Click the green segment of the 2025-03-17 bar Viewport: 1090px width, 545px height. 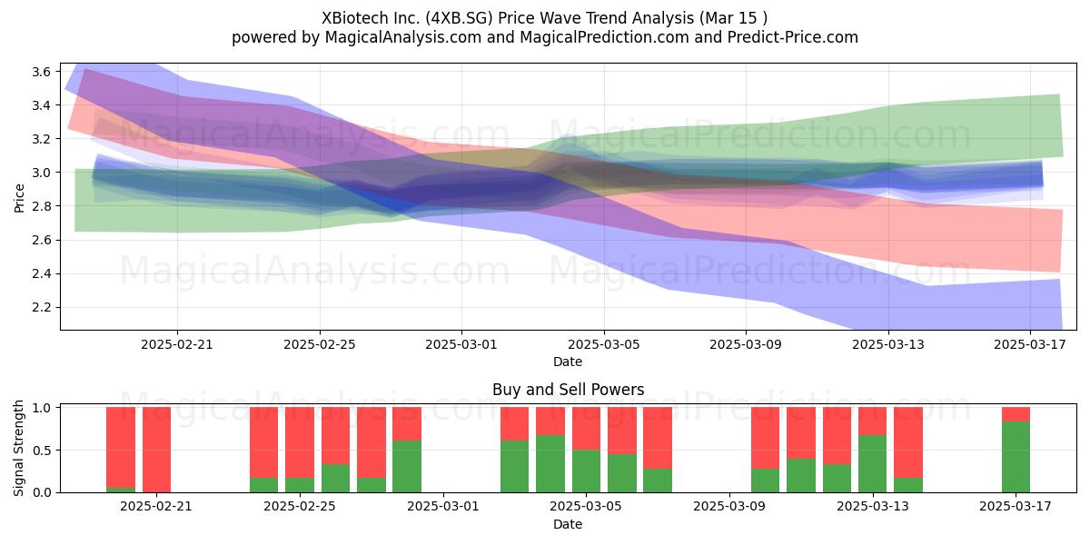pyautogui.click(x=1016, y=457)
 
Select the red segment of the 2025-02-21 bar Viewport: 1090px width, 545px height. pyautogui.click(x=156, y=450)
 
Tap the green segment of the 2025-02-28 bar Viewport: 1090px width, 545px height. pyautogui.click(x=407, y=466)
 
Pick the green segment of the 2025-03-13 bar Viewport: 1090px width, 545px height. pyautogui.click(x=873, y=464)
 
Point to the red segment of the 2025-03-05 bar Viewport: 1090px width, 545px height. pyautogui.click(x=587, y=428)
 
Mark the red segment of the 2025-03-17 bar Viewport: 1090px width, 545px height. pyautogui.click(x=1016, y=414)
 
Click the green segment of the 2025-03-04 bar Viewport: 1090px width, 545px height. pyautogui.click(x=550, y=464)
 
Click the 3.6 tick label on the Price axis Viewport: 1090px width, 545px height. pyautogui.click(x=41, y=72)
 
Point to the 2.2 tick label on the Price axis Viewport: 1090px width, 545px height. pyautogui.click(x=41, y=308)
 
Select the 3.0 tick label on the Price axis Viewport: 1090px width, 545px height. pyautogui.click(x=41, y=173)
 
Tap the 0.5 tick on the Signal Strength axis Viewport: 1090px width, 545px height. pyautogui.click(x=41, y=451)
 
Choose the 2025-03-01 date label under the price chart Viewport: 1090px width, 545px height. pyautogui.click(x=461, y=344)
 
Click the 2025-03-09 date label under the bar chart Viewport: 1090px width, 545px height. pyautogui.click(x=728, y=507)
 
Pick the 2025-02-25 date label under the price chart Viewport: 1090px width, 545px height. pyautogui.click(x=320, y=344)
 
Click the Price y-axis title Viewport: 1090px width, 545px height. pyautogui.click(x=19, y=198)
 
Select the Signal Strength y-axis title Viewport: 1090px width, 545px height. pyautogui.click(x=18, y=448)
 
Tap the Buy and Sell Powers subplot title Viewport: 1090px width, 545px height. pyautogui.click(x=569, y=390)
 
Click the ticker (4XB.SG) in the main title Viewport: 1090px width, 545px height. pyautogui.click(x=460, y=18)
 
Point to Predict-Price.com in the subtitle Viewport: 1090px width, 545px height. pyautogui.click(x=793, y=37)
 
